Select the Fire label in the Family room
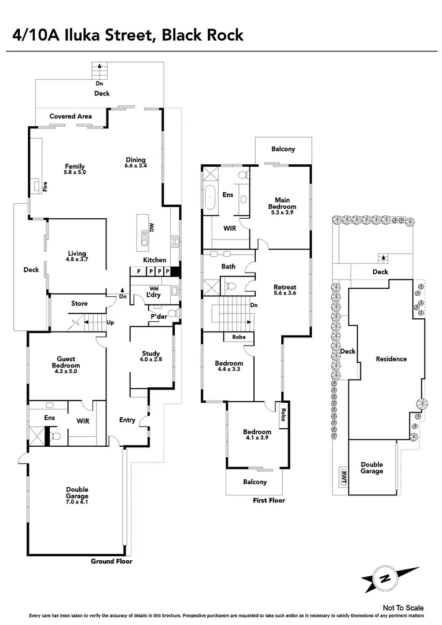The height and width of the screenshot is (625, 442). point(45,187)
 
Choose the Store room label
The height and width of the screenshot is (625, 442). point(79,303)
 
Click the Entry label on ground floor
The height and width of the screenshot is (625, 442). point(128,420)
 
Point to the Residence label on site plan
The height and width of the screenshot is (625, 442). point(391,359)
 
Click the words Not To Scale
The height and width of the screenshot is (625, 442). point(403,608)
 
